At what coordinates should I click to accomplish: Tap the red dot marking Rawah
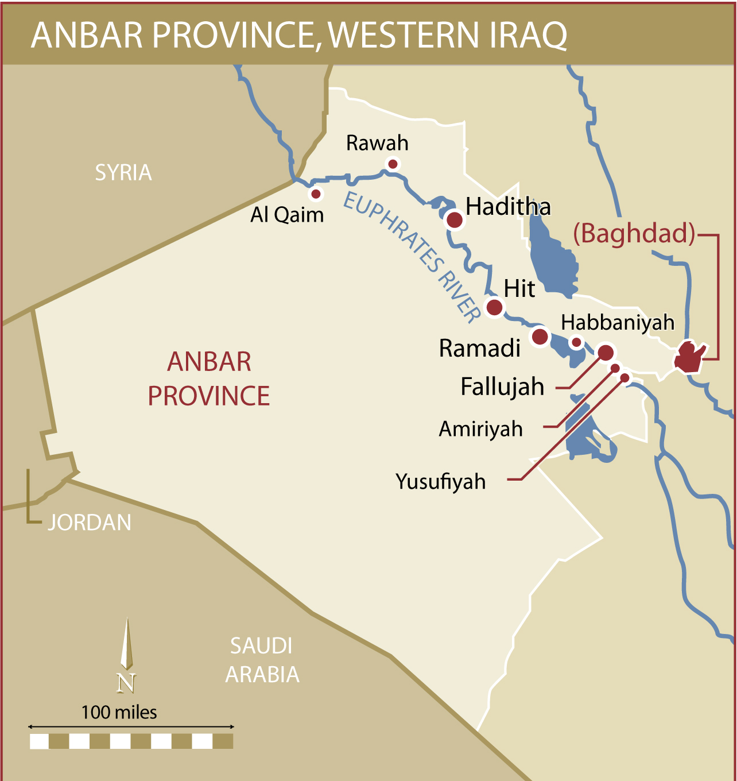(393, 164)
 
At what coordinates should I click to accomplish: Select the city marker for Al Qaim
(316, 194)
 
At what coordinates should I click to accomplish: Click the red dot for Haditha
(455, 219)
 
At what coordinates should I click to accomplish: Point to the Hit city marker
(494, 307)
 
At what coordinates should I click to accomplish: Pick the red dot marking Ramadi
(540, 336)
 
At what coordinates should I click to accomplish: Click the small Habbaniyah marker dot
(576, 343)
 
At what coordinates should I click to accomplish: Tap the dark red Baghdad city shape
(689, 357)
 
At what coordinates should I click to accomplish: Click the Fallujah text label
(502, 386)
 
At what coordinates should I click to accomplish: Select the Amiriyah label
(480, 429)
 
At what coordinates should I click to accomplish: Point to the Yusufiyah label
(440, 481)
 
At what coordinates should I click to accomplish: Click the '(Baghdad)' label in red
(634, 234)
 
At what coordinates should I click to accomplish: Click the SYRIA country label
(123, 172)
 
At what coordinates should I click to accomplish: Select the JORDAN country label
(89, 523)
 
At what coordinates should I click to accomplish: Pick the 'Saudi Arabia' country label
(262, 660)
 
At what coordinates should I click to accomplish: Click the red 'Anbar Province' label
(209, 379)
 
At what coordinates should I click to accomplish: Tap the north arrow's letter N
(126, 683)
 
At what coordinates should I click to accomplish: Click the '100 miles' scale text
(119, 713)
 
